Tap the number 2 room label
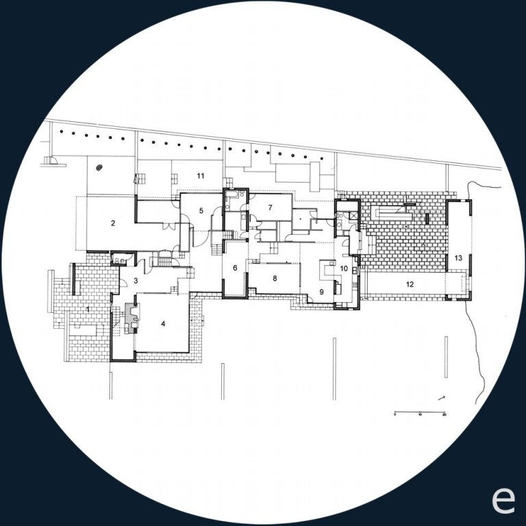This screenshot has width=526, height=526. click(113, 223)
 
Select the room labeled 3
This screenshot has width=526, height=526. click(136, 281)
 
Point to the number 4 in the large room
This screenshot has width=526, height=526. click(164, 324)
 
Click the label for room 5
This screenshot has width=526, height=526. click(201, 211)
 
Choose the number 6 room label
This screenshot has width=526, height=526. click(235, 268)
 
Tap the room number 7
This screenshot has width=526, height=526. click(271, 207)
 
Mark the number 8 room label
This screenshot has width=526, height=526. click(274, 279)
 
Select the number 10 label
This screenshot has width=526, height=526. click(344, 268)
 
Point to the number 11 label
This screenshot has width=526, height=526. click(201, 176)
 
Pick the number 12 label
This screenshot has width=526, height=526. click(410, 284)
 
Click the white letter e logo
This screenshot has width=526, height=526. click(503, 501)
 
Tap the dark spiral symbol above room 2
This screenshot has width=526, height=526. click(100, 166)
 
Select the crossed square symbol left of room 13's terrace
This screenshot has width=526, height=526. click(353, 214)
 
